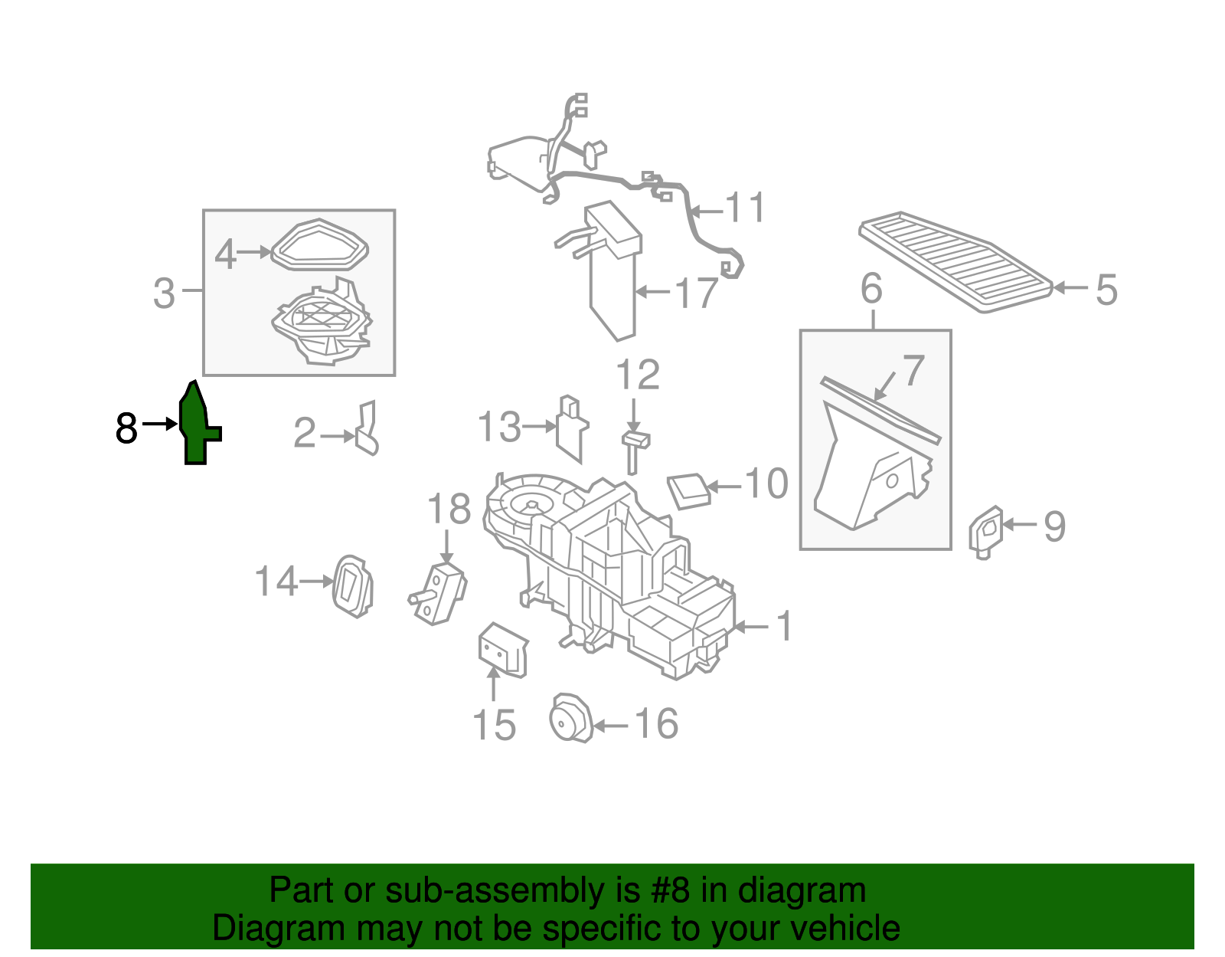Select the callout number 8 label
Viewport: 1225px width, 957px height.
click(126, 428)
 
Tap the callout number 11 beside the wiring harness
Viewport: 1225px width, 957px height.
click(745, 208)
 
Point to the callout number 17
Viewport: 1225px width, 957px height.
click(696, 293)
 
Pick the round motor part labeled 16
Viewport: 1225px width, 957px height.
click(570, 719)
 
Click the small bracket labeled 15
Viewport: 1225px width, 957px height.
click(501, 650)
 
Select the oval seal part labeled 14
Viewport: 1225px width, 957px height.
click(352, 585)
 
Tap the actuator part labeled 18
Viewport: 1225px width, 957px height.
click(439, 593)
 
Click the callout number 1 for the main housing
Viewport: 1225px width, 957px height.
click(784, 626)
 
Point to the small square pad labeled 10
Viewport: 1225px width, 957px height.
click(689, 491)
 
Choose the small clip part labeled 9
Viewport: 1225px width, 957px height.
click(985, 530)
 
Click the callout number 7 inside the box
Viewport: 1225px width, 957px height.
click(913, 371)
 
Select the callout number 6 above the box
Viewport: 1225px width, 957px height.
click(871, 289)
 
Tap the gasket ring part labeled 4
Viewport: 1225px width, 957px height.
click(320, 245)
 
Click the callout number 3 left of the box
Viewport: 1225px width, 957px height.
click(165, 293)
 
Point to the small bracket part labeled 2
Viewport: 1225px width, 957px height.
click(367, 429)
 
